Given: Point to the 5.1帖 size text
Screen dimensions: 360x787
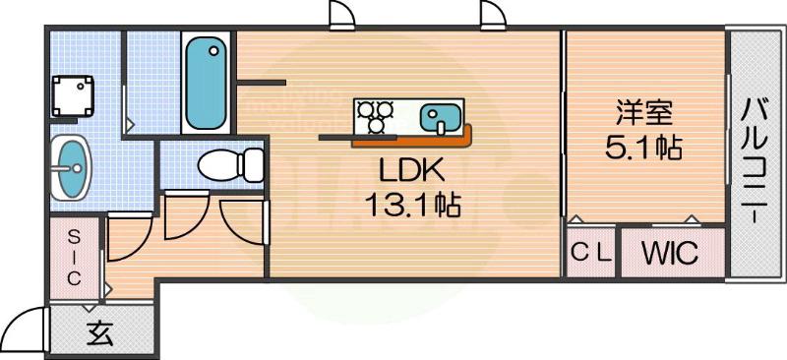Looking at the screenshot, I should coord(644,149).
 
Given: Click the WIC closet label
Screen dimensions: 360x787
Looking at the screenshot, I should coord(671,254).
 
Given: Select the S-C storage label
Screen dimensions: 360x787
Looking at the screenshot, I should coord(75,257).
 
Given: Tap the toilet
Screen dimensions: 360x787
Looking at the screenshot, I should coord(220,165).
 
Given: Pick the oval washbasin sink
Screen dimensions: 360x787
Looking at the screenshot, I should coord(71,168).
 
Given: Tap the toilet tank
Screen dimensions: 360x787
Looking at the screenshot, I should coord(254,165).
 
